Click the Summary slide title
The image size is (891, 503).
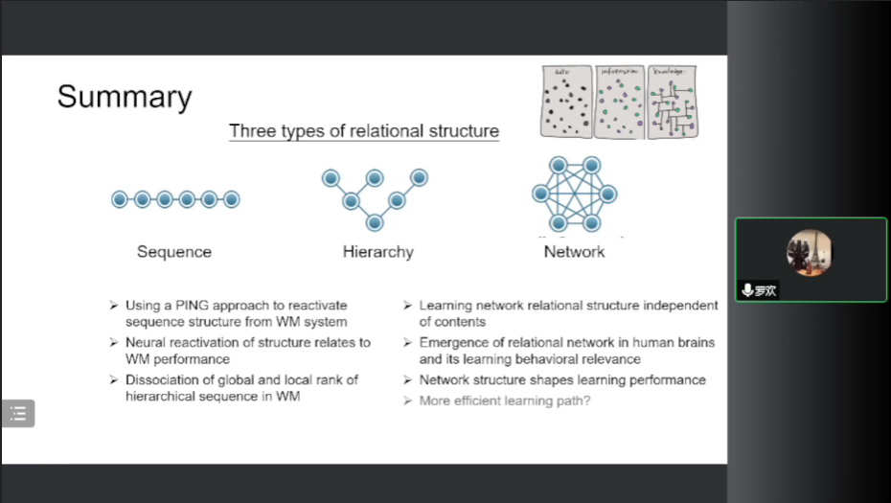[x=125, y=97]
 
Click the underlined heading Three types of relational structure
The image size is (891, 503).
[x=364, y=131]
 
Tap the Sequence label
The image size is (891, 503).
[x=174, y=252]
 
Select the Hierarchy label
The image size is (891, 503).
[x=378, y=252]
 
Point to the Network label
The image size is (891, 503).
[x=575, y=252]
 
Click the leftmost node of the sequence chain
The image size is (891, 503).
[x=120, y=199]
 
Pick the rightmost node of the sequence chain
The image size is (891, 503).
[x=231, y=199]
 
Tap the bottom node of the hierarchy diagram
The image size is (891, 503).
[x=375, y=222]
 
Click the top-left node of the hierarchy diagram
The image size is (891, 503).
[x=331, y=177]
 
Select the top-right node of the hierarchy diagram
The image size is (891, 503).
[x=419, y=177]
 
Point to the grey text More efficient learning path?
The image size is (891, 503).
[x=505, y=400]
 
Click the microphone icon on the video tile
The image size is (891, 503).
[x=747, y=290]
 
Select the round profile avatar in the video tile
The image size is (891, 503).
[x=810, y=252]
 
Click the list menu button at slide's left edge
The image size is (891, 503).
[x=18, y=413]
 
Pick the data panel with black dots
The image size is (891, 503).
[x=567, y=102]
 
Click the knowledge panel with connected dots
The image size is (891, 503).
[x=672, y=102]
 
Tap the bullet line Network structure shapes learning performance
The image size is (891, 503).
[x=562, y=379]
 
